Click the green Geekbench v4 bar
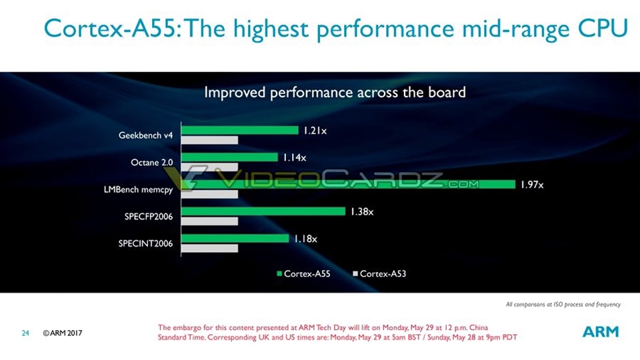(x=240, y=130)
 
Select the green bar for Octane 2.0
(x=229, y=157)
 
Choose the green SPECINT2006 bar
(x=235, y=238)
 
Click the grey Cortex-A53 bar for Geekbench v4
(x=210, y=140)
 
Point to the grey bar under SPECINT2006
(x=210, y=248)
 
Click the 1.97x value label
(x=532, y=185)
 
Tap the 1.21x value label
(x=315, y=131)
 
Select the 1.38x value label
(x=362, y=212)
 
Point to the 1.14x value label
(x=294, y=158)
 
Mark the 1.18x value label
(x=305, y=239)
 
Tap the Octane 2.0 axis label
(x=151, y=162)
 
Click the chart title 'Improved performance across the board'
(x=335, y=93)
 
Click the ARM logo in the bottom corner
(x=601, y=331)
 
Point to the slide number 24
(x=25, y=332)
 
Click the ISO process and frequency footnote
(x=563, y=305)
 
